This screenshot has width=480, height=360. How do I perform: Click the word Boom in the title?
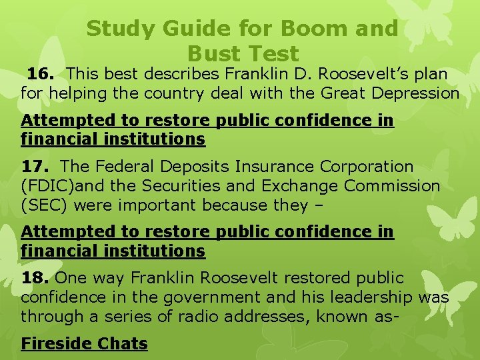coord(308,29)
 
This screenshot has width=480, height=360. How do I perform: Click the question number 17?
coord(33,167)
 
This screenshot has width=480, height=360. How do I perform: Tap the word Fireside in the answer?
coord(58,344)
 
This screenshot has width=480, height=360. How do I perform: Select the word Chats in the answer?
coord(123,344)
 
